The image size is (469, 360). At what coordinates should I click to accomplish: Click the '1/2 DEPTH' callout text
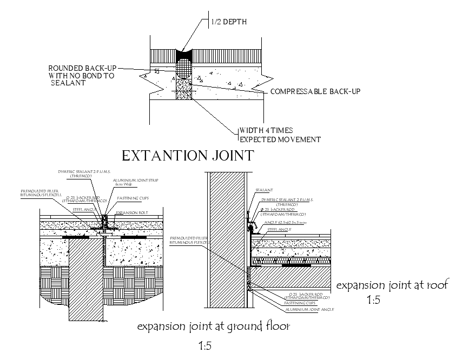point(229,22)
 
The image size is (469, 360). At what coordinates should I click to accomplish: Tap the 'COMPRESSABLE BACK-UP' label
point(315,91)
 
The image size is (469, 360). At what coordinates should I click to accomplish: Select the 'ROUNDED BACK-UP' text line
point(82,68)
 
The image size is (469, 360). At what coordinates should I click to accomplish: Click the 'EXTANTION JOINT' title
point(188,156)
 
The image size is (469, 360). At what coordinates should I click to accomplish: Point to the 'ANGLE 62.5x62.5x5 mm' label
point(287,223)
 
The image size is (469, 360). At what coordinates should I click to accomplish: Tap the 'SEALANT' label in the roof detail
point(265,190)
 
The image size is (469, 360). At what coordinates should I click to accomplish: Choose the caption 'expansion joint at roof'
point(392,285)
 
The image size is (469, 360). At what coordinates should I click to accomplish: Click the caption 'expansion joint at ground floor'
point(214,326)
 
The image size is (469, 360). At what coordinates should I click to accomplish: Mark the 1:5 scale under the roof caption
point(374,301)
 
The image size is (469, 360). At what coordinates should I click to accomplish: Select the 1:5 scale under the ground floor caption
point(205,345)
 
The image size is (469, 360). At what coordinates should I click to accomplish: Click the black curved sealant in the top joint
point(185,55)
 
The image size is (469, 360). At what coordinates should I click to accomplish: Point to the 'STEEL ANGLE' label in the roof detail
point(280,230)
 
